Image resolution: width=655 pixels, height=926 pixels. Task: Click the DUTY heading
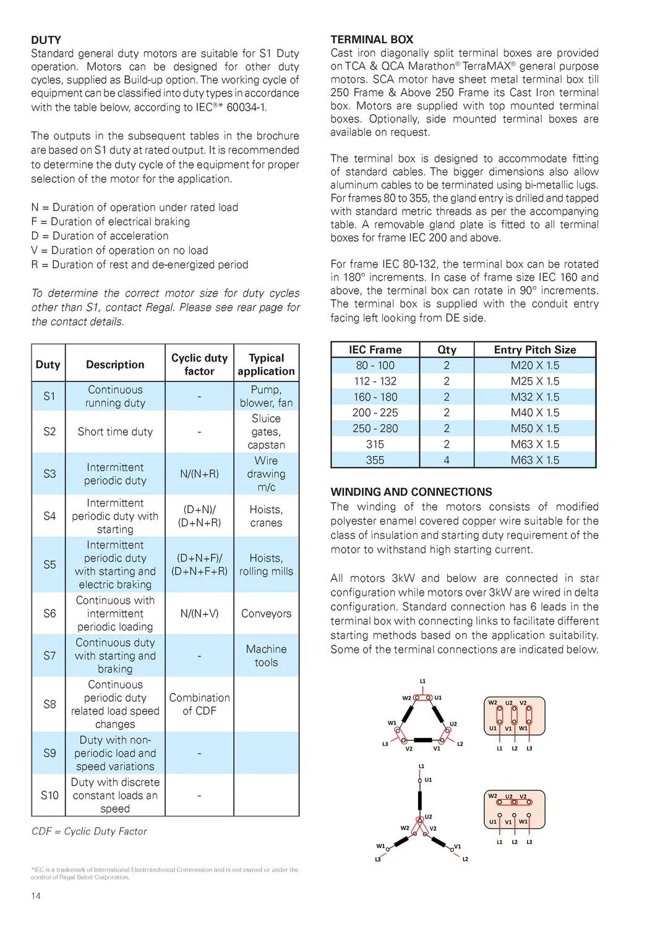tap(46, 40)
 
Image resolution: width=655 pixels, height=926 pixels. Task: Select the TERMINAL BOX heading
tap(372, 39)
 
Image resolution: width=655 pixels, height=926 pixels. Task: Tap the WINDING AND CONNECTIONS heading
tap(411, 492)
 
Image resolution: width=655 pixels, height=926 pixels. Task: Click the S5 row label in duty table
tap(49, 564)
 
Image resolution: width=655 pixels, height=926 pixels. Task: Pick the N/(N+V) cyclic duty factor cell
tap(199, 613)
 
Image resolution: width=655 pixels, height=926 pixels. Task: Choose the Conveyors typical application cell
tap(266, 613)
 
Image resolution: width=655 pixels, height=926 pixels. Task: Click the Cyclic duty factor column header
tap(199, 364)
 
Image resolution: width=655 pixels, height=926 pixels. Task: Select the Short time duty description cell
tap(115, 431)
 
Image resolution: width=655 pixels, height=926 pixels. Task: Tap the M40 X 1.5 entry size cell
tap(534, 412)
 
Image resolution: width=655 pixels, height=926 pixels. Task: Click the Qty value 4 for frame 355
tap(447, 460)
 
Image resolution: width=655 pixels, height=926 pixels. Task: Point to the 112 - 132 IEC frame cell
tap(375, 381)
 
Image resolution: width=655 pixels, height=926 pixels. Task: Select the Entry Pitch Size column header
tap(534, 349)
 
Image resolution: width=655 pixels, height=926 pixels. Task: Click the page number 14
tap(36, 896)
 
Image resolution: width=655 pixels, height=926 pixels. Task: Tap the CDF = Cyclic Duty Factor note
tap(89, 831)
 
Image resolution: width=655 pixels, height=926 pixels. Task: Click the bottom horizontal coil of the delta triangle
tap(423, 740)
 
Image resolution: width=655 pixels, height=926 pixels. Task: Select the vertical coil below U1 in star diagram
tap(421, 797)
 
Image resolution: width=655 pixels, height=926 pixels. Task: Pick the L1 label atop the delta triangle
tap(423, 681)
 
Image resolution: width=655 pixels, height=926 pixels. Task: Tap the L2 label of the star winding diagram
tap(465, 859)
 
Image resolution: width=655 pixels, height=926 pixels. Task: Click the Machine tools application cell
tap(266, 655)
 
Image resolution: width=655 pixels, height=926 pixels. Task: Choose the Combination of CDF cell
tap(199, 704)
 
